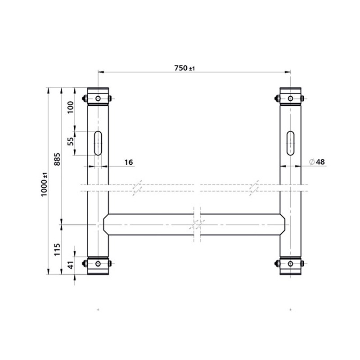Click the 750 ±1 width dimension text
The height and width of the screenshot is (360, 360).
[184, 68]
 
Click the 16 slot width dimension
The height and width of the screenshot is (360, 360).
[128, 162]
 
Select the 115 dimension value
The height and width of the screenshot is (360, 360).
[57, 248]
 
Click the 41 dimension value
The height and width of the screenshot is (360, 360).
[70, 266]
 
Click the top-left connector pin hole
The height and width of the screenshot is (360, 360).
[98, 99]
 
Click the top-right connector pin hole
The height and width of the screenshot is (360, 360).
[291, 99]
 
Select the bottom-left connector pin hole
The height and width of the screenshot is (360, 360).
[98, 263]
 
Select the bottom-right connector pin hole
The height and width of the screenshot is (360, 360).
[291, 263]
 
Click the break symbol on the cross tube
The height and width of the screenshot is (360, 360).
[197, 224]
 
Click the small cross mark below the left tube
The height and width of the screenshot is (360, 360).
[98, 310]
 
